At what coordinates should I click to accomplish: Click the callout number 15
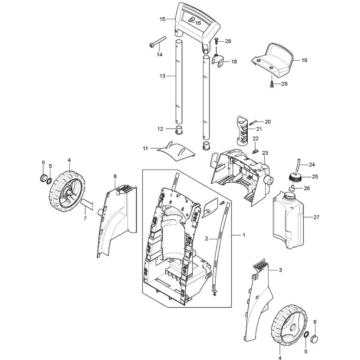tap(162, 19)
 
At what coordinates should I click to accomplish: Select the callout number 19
tap(304, 60)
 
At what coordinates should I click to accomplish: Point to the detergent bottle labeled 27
tap(288, 221)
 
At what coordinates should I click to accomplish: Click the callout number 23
tap(265, 153)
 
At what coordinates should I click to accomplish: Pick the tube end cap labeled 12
tap(179, 129)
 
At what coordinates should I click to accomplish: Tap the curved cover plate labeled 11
tap(176, 152)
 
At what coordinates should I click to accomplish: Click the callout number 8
tap(115, 176)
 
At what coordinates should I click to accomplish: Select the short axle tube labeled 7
tap(86, 204)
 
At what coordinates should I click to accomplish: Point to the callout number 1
tap(244, 235)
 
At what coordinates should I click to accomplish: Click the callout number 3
tap(280, 270)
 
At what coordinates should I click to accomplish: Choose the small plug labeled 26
tap(292, 188)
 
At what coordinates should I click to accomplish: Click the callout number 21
tap(259, 129)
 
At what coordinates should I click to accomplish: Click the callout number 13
tap(162, 76)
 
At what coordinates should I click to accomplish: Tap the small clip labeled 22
tap(255, 152)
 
